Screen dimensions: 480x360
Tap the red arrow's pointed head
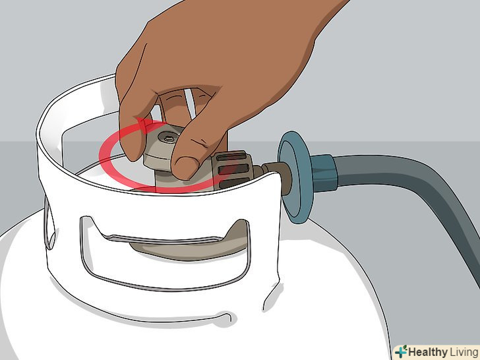coord(144,124)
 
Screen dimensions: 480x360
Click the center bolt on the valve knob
coord(169,137)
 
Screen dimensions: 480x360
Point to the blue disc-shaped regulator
coord(295,177)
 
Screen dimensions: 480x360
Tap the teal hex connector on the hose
coord(324,173)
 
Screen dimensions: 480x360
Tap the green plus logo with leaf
coord(401,351)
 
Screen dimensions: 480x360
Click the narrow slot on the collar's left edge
coord(49,224)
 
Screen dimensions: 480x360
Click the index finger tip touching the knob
coord(133,150)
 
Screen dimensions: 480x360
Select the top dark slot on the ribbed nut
coord(231,157)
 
